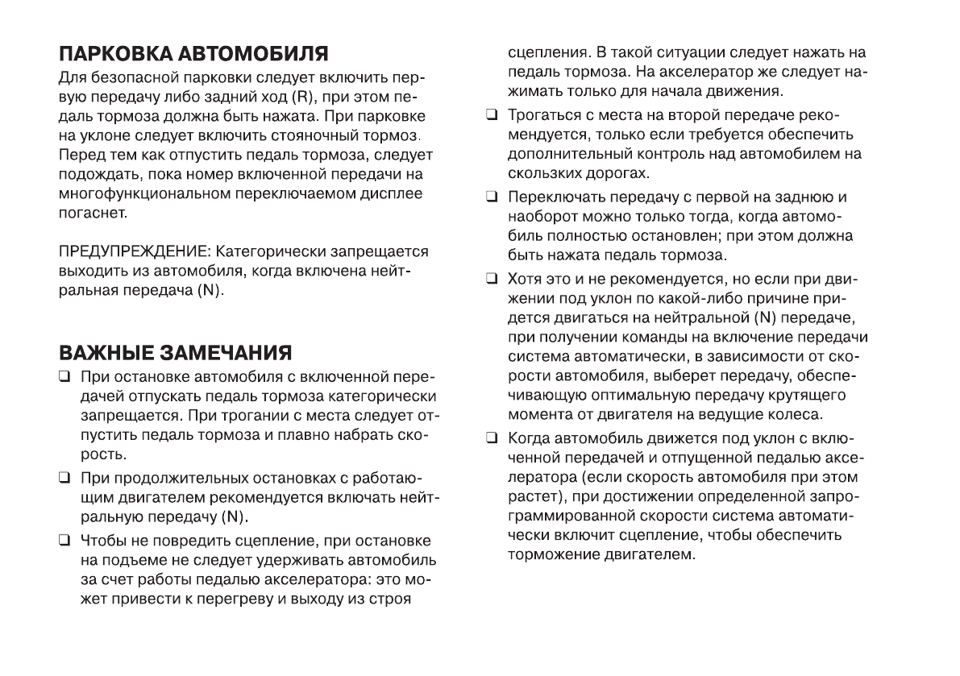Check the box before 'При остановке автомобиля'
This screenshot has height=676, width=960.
63,378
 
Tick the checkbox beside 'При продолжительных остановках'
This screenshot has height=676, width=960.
63,478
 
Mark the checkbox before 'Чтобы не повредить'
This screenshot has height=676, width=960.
63,539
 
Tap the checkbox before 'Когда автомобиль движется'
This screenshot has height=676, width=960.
491,439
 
